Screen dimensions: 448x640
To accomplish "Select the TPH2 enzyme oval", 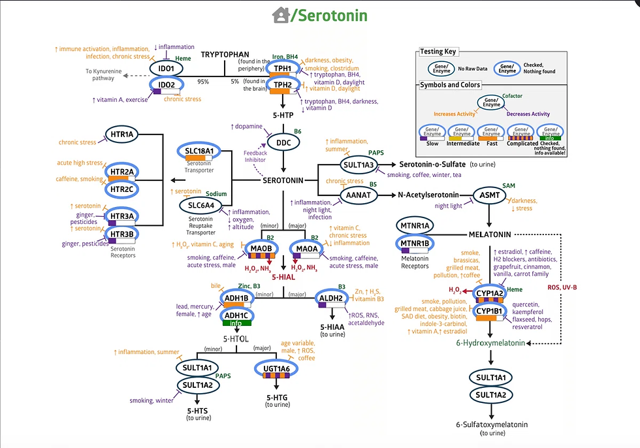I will click(283, 84).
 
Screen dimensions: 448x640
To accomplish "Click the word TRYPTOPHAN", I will click(226, 55).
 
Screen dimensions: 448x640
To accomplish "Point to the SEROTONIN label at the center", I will click(283, 180).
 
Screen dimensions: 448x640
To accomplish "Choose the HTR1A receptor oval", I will click(122, 135).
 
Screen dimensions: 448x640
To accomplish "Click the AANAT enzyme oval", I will click(359, 195).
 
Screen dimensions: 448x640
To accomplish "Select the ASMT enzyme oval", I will click(491, 195).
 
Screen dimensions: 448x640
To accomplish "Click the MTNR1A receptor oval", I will click(415, 226).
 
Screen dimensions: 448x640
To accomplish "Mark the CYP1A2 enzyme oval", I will click(488, 294).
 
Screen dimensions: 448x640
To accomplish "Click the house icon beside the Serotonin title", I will click(281, 14).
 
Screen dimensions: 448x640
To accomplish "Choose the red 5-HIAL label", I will click(283, 277).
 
